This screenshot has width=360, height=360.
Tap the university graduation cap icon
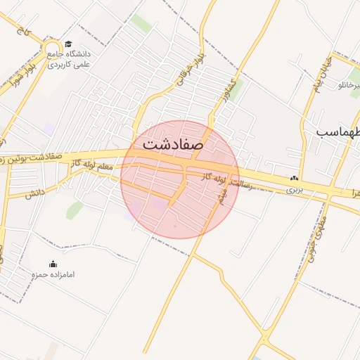click(67, 44)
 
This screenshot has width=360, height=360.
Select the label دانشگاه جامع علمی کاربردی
click(70, 58)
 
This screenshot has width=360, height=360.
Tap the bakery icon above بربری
click(294, 179)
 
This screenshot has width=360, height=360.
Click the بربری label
click(294, 190)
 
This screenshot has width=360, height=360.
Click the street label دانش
click(35, 191)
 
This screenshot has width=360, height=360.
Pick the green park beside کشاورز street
click(237, 86)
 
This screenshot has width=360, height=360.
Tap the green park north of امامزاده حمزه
click(74, 210)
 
